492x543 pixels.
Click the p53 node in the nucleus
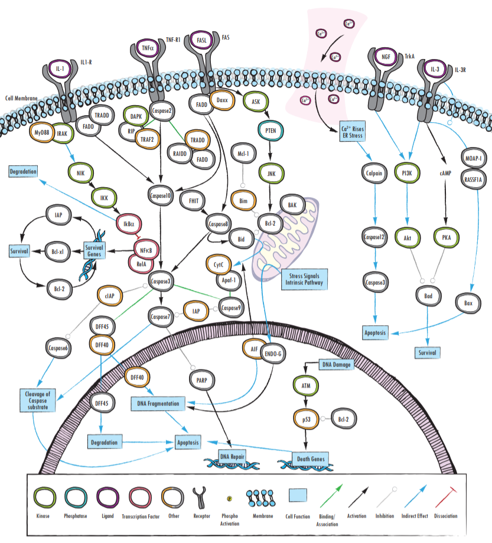[x=307, y=418]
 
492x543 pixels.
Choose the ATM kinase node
[x=306, y=387]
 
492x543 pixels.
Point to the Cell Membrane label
[x=22, y=98]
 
